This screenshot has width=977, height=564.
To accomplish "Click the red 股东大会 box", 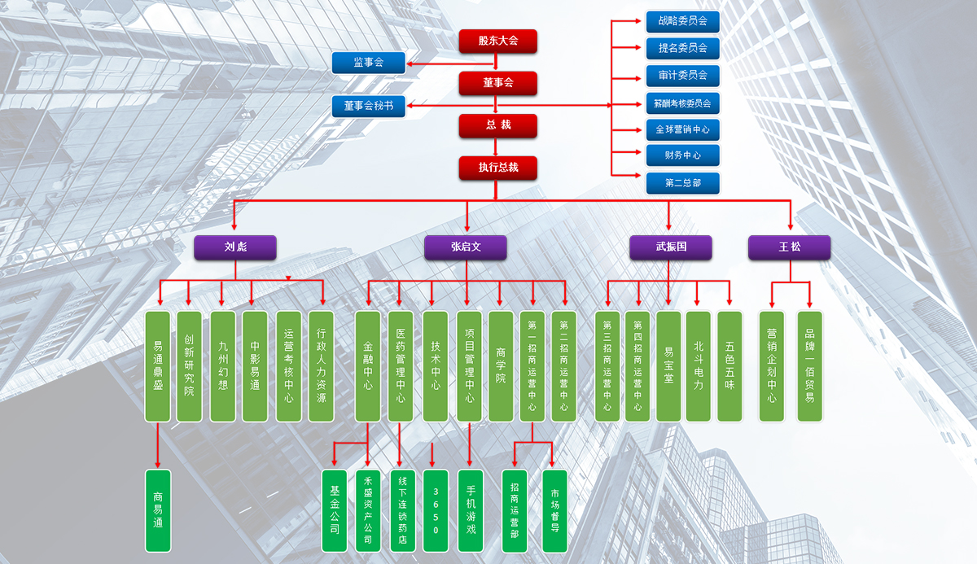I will point(497,41).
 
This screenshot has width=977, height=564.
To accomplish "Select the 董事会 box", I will point(497,83).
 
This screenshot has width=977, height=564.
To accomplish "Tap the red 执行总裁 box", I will point(497,168).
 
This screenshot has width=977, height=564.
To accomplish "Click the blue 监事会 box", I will point(368,63).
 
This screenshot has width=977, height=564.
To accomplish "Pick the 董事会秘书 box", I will point(368,106).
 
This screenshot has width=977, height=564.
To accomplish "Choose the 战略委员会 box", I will point(682,21).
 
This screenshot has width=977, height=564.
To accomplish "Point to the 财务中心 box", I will point(682,155).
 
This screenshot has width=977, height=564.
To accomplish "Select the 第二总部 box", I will point(682,183).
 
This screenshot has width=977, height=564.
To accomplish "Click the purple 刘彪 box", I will point(235,247).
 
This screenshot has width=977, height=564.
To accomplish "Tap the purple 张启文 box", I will point(466,247).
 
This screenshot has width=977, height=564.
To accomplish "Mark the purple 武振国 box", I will point(671,247).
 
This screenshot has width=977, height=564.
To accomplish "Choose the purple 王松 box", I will point(789,247).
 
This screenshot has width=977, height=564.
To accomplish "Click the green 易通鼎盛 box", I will point(158,366).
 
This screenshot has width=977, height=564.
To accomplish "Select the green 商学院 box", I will point(501,366).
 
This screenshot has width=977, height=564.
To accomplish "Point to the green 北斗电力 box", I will point(699,366).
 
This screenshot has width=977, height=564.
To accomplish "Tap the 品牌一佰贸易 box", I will point(809,366).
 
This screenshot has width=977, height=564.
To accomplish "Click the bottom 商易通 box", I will point(158,510).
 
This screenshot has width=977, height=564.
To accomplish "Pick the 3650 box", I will point(436,510).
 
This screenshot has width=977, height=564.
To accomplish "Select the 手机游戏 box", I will point(471,510).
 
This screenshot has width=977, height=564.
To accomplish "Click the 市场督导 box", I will point(554,510).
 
